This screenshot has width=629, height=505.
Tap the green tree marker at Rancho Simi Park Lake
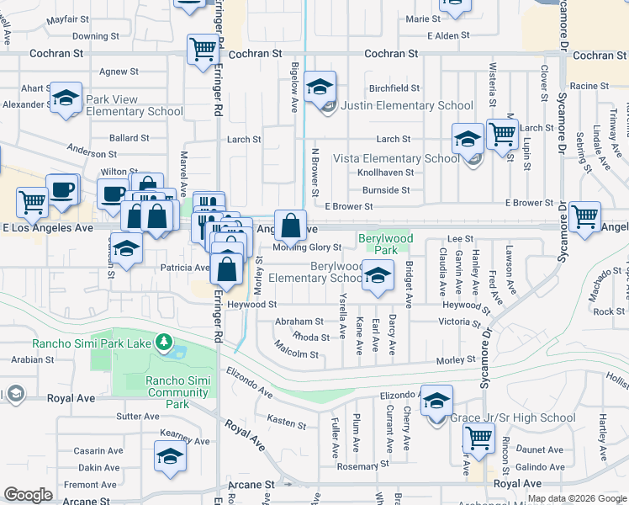166,343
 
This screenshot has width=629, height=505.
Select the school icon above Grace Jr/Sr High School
436,401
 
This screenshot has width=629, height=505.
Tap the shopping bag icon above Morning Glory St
290,226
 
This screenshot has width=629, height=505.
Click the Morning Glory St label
307,247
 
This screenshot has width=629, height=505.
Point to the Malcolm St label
297,354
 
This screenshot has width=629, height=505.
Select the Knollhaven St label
385,172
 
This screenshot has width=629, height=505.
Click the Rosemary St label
362,465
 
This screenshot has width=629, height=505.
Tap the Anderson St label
92,153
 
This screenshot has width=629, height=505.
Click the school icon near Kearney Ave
170,456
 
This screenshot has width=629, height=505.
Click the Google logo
28,495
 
